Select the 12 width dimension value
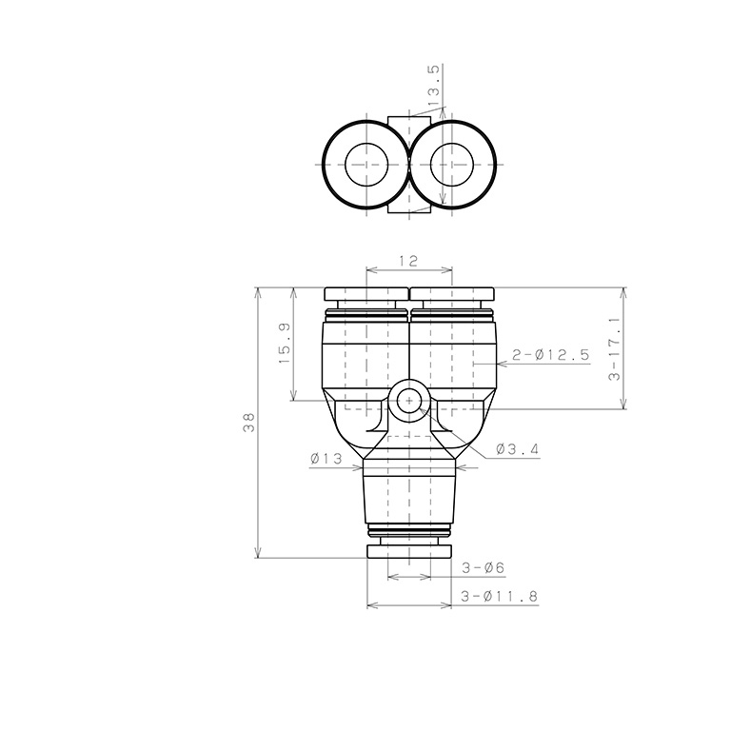click(408, 260)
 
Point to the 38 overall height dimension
click(249, 423)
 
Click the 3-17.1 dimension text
click(613, 348)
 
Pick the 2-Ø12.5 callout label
click(550, 355)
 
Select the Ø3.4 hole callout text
click(519, 448)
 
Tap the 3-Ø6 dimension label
click(483, 567)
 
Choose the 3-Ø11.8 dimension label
click(499, 596)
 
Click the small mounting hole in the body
click(409, 401)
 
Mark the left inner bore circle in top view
click(366, 164)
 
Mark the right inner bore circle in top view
click(452, 164)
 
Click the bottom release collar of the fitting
click(409, 551)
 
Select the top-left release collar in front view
click(365, 294)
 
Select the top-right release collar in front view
click(452, 294)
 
